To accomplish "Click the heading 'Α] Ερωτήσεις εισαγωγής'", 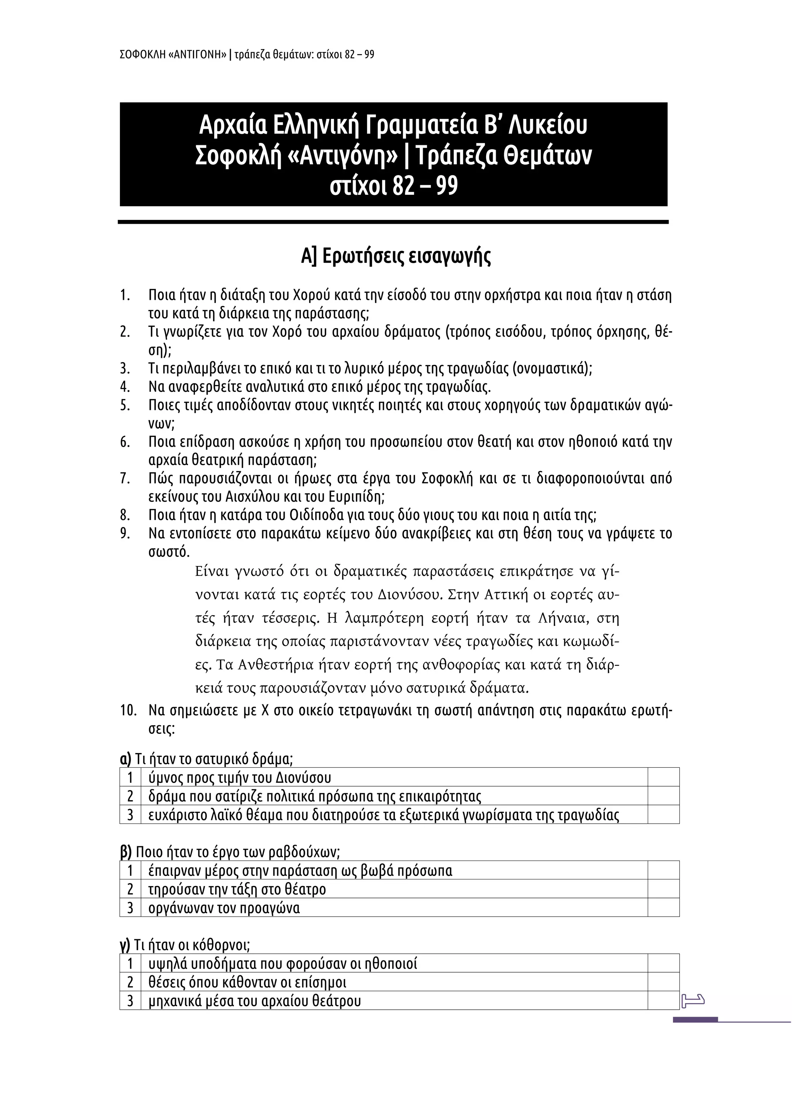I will [x=396, y=256].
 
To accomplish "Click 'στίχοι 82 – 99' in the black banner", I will [x=394, y=186].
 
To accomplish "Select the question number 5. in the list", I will [x=125, y=405].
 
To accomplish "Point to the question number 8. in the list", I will [x=125, y=515].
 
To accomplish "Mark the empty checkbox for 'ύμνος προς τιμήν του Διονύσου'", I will [x=663, y=777].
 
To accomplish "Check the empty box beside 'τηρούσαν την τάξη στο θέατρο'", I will [x=663, y=889].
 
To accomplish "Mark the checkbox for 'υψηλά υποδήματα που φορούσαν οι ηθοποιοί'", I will [x=663, y=964].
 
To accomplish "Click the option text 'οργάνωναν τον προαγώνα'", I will [x=224, y=908].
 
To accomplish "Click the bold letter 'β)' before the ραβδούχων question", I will [x=126, y=852].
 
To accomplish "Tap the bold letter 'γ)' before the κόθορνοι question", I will [x=125, y=945].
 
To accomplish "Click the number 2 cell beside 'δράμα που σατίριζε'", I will [x=130, y=796].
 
